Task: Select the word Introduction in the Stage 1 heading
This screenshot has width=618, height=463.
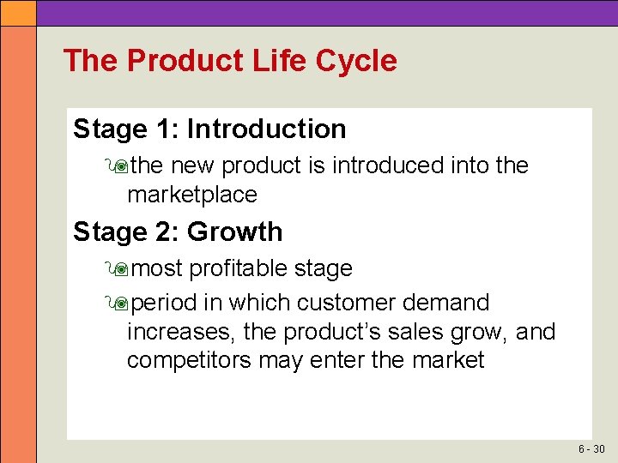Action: click(x=266, y=129)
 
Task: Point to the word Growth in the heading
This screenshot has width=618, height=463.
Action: click(x=234, y=232)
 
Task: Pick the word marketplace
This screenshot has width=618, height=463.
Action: click(x=191, y=195)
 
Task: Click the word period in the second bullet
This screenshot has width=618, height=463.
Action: click(x=166, y=304)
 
